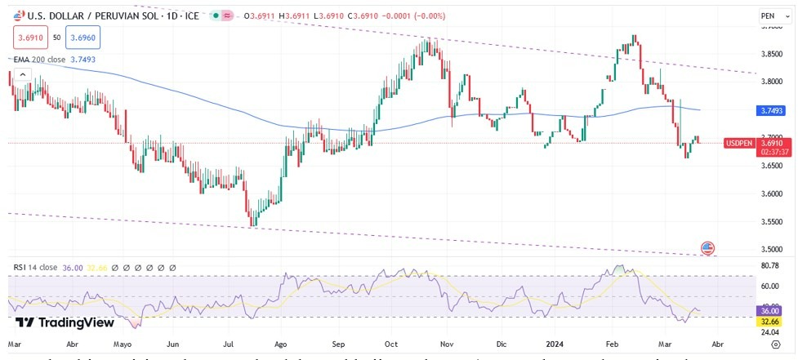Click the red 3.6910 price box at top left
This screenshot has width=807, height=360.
pyautogui.click(x=30, y=37)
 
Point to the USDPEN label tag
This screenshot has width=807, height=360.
pyautogui.click(x=738, y=144)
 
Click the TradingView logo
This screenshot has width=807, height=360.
pyautogui.click(x=65, y=322)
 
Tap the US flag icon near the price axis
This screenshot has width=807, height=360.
pyautogui.click(x=707, y=247)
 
